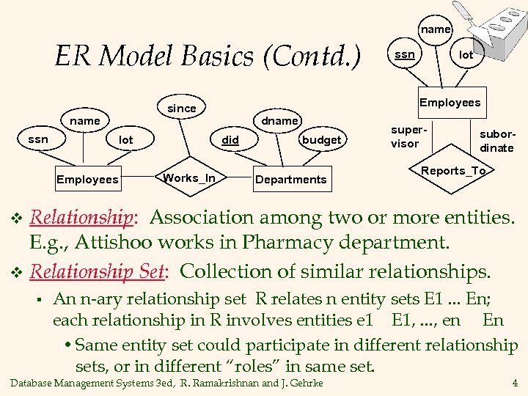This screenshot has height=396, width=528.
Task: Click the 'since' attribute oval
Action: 182,108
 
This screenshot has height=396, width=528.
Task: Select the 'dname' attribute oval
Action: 280,120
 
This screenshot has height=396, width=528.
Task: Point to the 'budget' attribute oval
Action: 322,139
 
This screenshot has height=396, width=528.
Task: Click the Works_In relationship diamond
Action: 189,178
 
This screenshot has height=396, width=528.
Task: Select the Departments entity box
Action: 290,179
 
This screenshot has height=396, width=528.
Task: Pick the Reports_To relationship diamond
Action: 453,171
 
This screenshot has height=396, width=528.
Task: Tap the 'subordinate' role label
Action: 496,142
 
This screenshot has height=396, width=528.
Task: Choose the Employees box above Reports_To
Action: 450,103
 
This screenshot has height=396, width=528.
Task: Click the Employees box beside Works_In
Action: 87,179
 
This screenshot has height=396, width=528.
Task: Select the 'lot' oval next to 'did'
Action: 126,139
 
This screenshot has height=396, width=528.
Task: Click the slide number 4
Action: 515,382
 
